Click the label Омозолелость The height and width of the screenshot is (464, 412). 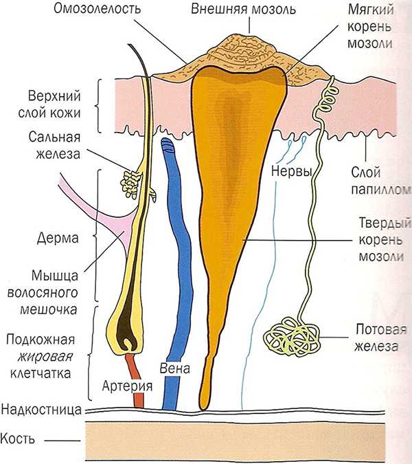pos(98,9)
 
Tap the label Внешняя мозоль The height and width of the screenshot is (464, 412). pos(243,9)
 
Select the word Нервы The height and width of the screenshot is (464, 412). pos(292,171)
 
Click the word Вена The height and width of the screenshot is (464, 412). pos(174,368)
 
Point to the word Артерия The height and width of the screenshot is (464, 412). pos(128,386)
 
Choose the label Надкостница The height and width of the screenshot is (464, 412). pos(41,410)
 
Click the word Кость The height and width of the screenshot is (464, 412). pos(18,439)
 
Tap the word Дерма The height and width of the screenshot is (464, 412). pos(58,238)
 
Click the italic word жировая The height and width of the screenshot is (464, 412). pos(45,357)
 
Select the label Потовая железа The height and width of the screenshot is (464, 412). pos(380,338)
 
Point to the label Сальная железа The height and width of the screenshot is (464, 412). pos(54,146)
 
